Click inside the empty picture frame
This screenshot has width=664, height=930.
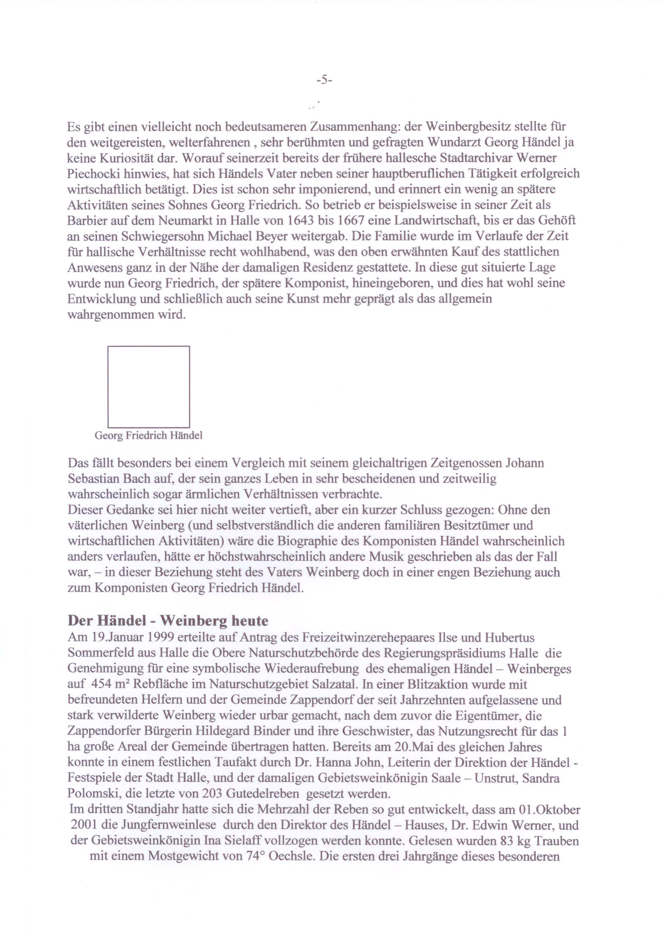coord(148,387)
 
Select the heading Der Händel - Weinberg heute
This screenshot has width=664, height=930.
coord(168,621)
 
